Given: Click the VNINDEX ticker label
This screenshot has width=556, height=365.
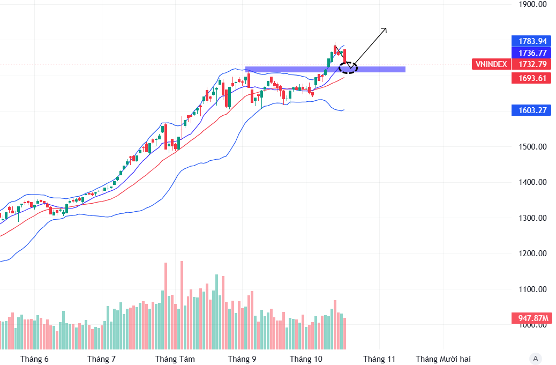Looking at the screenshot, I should tap(490, 64).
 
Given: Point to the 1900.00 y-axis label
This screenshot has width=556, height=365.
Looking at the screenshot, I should tap(532, 4).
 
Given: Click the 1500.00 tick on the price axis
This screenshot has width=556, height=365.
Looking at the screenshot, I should tap(532, 147).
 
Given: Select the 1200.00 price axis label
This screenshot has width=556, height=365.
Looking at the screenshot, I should tap(532, 254).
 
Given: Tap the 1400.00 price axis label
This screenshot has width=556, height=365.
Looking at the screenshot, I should tap(532, 182).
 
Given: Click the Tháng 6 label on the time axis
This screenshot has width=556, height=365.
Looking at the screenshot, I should tap(34, 359).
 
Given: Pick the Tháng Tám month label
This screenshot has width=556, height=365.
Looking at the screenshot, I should tap(175, 359).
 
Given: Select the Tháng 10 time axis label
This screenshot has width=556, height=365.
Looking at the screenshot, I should tap(306, 359).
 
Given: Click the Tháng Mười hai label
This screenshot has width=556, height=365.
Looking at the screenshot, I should tap(444, 359).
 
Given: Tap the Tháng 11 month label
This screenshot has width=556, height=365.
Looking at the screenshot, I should tap(379, 359).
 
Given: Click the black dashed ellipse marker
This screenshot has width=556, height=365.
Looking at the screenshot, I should tap(348, 68).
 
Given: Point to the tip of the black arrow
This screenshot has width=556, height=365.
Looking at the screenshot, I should tap(386, 28).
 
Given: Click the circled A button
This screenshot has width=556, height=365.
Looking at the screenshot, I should tap(535, 359).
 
